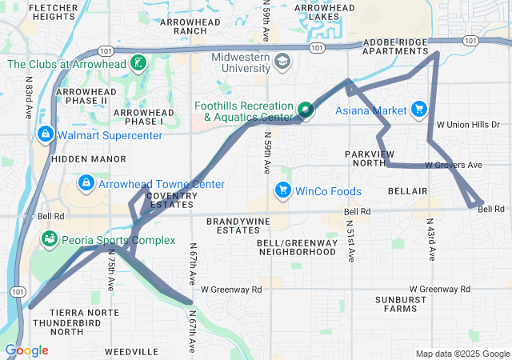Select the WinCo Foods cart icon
pyautogui.click(x=282, y=190)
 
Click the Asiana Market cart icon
pyautogui.click(x=418, y=110)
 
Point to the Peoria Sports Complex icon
pyautogui.click(x=50, y=239)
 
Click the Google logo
pyautogui.click(x=26, y=350)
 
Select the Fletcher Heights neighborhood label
pyautogui.click(x=52, y=11)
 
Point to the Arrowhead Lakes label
pyautogui.click(x=324, y=11)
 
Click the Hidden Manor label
pyautogui.click(x=78, y=159)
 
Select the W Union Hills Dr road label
pyautogui.click(x=468, y=125)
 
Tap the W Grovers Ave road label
pyautogui.click(x=454, y=165)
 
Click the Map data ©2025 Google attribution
pyautogui.click(x=462, y=354)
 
